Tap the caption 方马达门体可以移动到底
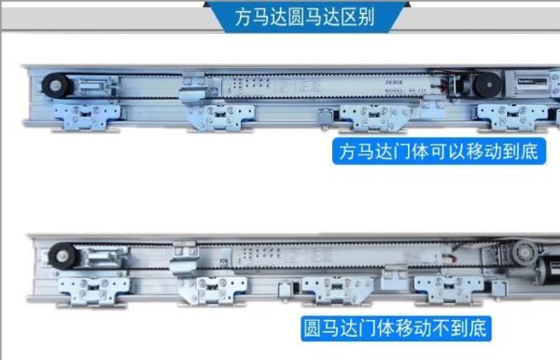click(x=437, y=152)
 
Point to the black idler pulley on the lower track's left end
click(x=63, y=255)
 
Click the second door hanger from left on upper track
click(x=220, y=118)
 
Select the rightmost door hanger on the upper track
click(x=508, y=118)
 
